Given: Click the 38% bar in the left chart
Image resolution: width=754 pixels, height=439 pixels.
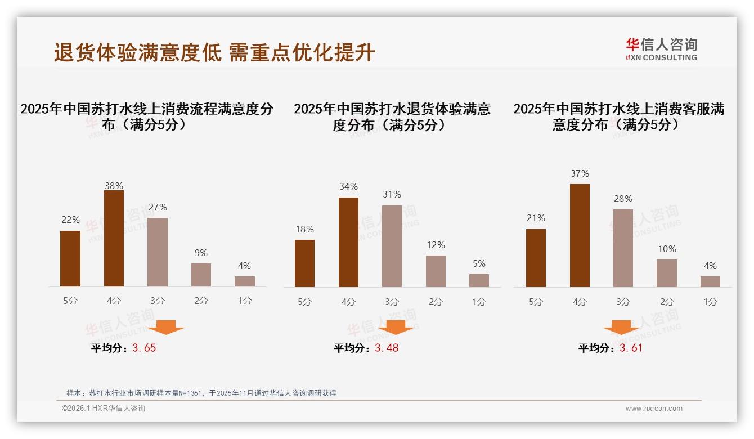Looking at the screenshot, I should tap(114, 239).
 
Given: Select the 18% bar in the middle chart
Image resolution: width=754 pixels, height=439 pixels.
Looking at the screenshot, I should tap(304, 263).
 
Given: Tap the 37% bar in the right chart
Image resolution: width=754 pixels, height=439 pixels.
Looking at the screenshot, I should tap(580, 235).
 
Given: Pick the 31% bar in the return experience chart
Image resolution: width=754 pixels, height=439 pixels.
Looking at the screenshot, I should tap(392, 246).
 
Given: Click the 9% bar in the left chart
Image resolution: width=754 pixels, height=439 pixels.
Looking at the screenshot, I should tap(201, 275).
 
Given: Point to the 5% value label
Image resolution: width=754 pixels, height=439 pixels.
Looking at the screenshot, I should tap(479, 263).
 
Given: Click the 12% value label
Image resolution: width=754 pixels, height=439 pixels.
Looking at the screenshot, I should tap(436, 245).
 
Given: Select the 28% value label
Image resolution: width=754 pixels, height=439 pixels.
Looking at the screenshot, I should tap(623, 199).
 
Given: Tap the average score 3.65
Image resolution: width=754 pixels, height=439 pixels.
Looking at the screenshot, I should tap(144, 348).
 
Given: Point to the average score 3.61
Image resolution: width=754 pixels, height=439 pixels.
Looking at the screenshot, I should tap(631, 348).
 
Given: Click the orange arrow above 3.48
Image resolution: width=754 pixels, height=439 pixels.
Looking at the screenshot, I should tap(396, 327).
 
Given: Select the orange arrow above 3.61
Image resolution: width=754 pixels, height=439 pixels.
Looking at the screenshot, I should tap(621, 327).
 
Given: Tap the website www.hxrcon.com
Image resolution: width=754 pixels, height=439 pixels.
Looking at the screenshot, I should tap(654, 409).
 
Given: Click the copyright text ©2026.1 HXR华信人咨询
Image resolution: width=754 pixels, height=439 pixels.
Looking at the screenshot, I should tap(104, 409).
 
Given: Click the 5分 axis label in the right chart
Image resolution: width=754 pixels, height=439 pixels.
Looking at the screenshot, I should tap(536, 302).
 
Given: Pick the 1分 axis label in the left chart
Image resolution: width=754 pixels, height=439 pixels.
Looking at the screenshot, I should tap(244, 301).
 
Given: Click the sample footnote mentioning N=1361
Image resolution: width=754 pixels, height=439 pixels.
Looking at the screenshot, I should tap(201, 393).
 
